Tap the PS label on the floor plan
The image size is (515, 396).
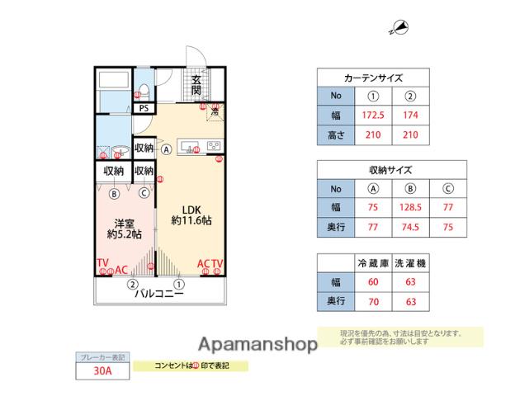(144, 107)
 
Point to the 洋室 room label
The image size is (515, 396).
(124, 223)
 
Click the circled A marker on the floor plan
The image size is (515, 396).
(167, 150)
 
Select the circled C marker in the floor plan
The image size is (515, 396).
(143, 194)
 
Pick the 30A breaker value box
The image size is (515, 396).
(102, 371)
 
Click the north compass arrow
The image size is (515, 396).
(399, 28)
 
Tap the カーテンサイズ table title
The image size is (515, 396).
(373, 78)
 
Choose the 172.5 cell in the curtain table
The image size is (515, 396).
(373, 115)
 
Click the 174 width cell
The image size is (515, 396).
(409, 115)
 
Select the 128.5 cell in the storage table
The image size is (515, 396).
(409, 207)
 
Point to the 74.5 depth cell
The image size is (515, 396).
(409, 226)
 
